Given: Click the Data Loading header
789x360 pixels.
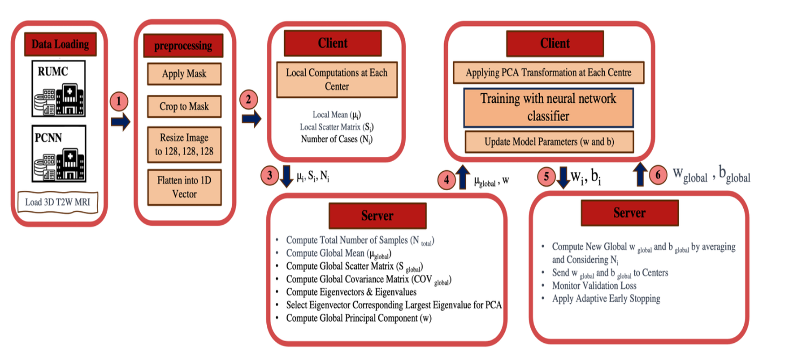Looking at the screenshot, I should pyautogui.click(x=60, y=44).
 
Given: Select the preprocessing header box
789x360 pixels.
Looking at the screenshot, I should pyautogui.click(x=183, y=46).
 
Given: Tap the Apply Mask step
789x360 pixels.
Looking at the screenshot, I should pyautogui.click(x=184, y=74).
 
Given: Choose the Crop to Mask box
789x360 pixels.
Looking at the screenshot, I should pyautogui.click(x=184, y=106).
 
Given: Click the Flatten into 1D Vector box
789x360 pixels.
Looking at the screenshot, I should pyautogui.click(x=184, y=186).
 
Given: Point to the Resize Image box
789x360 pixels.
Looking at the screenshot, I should pyautogui.click(x=184, y=144).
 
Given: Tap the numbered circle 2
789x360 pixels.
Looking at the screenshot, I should pyautogui.click(x=248, y=99).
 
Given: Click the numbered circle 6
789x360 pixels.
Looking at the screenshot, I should pyautogui.click(x=659, y=176).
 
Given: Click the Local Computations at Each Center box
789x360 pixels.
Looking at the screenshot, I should pyautogui.click(x=336, y=79).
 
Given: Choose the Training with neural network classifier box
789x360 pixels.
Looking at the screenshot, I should pyautogui.click(x=548, y=107).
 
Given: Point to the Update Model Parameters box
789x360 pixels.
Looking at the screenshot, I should pyautogui.click(x=548, y=142).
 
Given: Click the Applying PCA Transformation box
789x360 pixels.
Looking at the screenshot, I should pyautogui.click(x=548, y=72).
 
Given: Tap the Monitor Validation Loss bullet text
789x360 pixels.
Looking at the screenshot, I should pyautogui.click(x=594, y=286).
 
